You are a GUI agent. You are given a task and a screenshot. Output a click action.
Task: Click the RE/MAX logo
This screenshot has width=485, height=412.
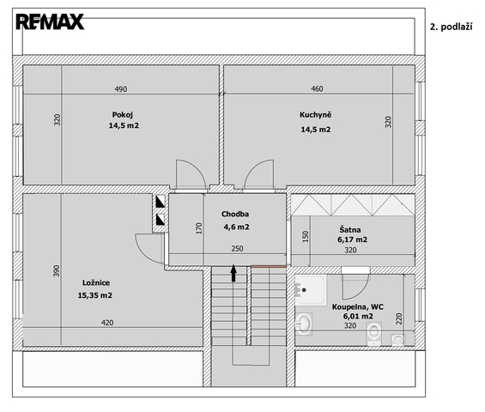(x=50, y=21)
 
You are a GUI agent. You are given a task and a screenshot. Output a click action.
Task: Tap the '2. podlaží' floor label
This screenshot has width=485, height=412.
(x=451, y=27)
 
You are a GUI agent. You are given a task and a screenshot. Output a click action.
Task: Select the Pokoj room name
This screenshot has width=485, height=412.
(x=123, y=115)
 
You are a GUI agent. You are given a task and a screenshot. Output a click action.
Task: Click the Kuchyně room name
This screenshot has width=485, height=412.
(x=316, y=114)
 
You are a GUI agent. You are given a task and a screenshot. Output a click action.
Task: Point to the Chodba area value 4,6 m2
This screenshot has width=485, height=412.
(x=236, y=227)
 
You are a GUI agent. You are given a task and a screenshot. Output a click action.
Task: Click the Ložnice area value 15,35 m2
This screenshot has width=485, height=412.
(x=95, y=295)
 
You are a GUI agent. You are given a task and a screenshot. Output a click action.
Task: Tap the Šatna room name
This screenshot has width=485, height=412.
(x=350, y=229)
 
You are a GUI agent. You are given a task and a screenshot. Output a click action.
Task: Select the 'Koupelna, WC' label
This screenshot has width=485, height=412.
(x=358, y=306)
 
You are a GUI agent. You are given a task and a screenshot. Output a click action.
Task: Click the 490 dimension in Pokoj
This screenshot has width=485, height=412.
(x=121, y=89)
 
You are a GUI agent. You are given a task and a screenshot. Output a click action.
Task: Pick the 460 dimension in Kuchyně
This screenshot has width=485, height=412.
(x=317, y=88)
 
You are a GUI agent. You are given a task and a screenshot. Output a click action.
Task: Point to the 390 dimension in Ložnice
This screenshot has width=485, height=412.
(x=57, y=271)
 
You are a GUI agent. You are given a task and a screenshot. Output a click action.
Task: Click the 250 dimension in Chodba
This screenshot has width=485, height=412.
(x=237, y=248)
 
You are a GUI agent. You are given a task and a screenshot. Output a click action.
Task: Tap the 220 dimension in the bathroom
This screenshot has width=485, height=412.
(x=398, y=319)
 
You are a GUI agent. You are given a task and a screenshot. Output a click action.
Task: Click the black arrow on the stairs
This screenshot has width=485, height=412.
(x=233, y=273)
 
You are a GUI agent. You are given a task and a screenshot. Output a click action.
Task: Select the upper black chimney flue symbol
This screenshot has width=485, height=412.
(x=161, y=202)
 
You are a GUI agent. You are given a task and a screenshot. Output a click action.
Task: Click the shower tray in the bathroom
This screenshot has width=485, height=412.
(x=310, y=290)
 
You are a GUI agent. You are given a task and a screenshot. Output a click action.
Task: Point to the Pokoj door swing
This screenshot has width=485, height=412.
(x=191, y=174)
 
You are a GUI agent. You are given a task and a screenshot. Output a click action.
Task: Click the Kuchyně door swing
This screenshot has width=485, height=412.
(x=258, y=174)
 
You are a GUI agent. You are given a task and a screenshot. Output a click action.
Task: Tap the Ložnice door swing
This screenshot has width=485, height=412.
(x=150, y=249)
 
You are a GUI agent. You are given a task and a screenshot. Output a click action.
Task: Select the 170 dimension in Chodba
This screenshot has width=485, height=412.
(x=199, y=228)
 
